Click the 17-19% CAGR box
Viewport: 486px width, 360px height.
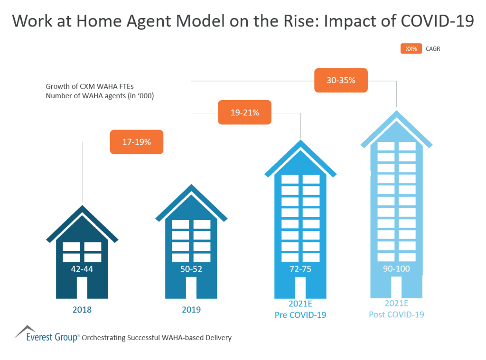point(137,142)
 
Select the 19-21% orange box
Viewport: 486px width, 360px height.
point(244,112)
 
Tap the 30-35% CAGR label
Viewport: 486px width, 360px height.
point(341,80)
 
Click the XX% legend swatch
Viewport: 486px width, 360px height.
point(411,48)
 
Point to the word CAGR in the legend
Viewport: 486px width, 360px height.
point(433,48)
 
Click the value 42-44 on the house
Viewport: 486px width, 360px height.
point(82,269)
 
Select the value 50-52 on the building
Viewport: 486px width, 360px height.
point(191,269)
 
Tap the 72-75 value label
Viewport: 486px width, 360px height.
point(300,269)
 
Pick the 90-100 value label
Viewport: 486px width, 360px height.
point(396,269)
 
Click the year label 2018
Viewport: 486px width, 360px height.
point(82,310)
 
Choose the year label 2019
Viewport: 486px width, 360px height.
point(191,310)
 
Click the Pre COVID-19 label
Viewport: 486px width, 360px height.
point(300,314)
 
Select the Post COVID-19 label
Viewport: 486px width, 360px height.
point(396,314)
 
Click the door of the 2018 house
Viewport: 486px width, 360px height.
point(82,288)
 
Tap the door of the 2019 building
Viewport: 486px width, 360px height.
point(191,288)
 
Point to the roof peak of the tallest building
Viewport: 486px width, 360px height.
point(396,114)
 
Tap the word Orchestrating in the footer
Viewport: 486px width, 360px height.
point(104,338)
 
